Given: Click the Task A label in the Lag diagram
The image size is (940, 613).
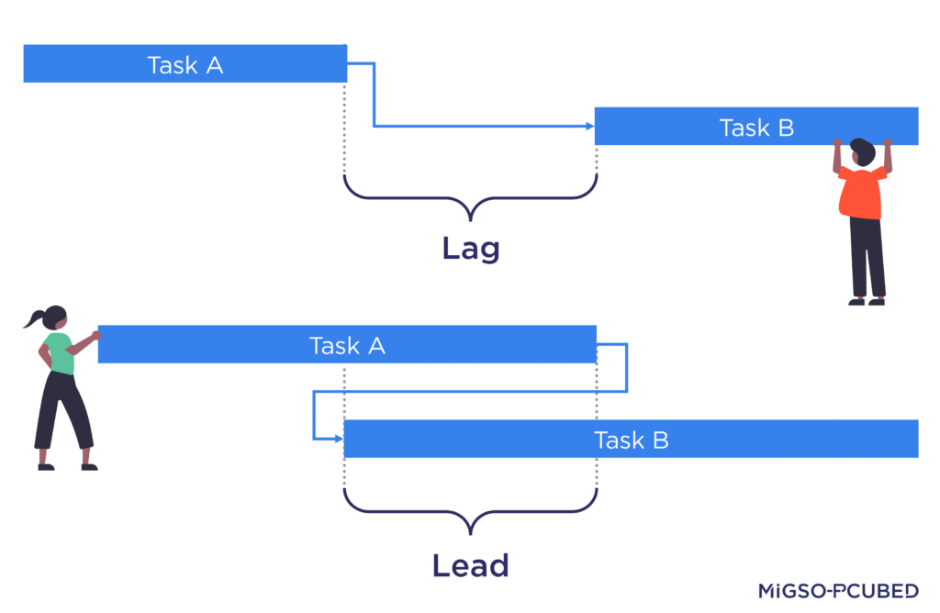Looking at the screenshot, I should pyautogui.click(x=185, y=65).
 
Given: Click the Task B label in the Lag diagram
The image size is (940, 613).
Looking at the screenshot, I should pyautogui.click(x=756, y=128).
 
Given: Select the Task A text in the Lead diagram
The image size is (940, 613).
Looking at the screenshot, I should pyautogui.click(x=347, y=345).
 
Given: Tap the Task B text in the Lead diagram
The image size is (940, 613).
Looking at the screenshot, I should pyautogui.click(x=631, y=440).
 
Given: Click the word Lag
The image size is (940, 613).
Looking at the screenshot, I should pyautogui.click(x=470, y=248).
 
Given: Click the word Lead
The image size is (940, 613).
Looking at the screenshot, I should pyautogui.click(x=470, y=565).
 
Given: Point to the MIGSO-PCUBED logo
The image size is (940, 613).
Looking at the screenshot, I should pyautogui.click(x=838, y=591).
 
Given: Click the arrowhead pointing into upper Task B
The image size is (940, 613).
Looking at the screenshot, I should pyautogui.click(x=589, y=127).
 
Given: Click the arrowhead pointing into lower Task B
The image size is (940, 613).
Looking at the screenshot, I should pyautogui.click(x=338, y=439).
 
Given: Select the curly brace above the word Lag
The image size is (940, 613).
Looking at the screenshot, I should pyautogui.click(x=470, y=198).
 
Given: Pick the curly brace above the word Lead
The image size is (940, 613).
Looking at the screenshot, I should pyautogui.click(x=470, y=514).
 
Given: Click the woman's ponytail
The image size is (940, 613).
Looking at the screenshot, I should pyautogui.click(x=35, y=320).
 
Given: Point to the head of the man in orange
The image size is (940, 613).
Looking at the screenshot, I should pyautogui.click(x=862, y=151).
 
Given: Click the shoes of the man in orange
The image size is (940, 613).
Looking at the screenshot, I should pyautogui.click(x=867, y=300).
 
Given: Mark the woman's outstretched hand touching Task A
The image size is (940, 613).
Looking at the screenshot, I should pyautogui.click(x=95, y=336).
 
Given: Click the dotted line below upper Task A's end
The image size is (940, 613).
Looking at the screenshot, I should pyautogui.click(x=345, y=128).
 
